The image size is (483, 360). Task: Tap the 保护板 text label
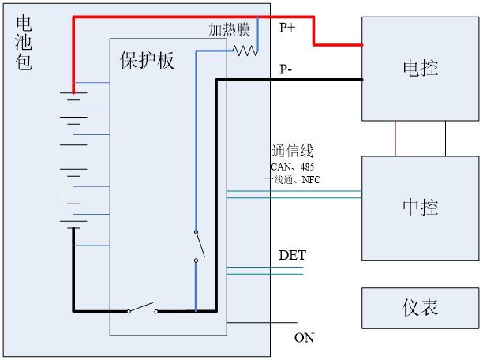click(147, 61)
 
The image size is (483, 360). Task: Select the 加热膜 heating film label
click(229, 30)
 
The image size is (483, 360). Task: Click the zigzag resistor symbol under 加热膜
click(245, 50)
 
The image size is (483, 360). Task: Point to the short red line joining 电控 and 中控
click(395, 138)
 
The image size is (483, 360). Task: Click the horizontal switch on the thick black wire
click(142, 308)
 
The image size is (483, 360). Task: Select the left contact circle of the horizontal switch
click(129, 311)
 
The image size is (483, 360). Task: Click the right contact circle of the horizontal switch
click(156, 311)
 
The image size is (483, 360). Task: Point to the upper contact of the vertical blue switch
click(196, 232)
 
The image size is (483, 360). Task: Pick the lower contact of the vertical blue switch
click(196, 260)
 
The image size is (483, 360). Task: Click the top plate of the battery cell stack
click(73, 92)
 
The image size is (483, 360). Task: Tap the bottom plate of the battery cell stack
click(73, 228)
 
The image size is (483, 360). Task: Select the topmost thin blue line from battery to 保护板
click(92, 82)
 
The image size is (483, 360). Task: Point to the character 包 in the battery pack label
click(24, 62)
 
